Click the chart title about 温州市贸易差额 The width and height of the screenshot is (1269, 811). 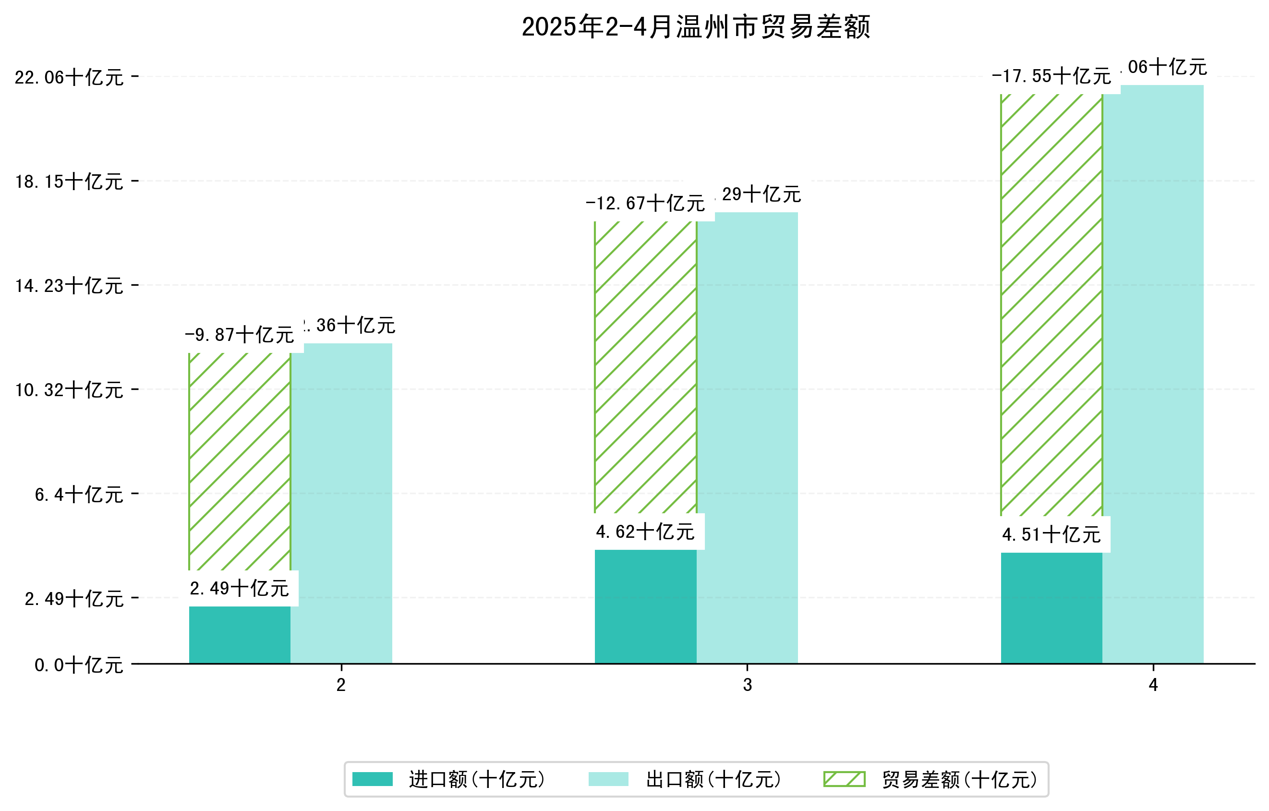696,27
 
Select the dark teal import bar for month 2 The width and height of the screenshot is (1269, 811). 240,634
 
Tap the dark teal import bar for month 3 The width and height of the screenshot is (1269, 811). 646,606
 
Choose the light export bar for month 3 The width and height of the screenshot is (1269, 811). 747,437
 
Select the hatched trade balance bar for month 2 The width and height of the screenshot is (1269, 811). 240,461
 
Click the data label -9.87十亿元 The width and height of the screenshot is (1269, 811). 240,335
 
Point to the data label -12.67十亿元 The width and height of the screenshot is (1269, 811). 646,204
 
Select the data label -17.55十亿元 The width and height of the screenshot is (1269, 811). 1051,76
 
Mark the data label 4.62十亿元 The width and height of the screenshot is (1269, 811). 646,532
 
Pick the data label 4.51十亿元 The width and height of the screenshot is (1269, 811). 1051,535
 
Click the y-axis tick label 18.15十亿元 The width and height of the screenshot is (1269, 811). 69,182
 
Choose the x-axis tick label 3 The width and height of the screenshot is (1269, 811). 747,685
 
